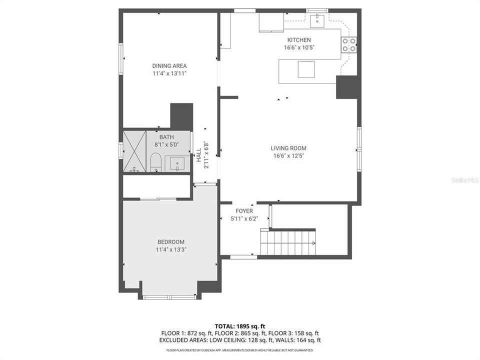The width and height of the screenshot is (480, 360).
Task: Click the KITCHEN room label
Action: (x=298, y=40)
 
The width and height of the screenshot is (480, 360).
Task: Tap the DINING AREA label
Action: (x=169, y=65)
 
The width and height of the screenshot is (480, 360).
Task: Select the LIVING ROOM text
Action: (x=288, y=148)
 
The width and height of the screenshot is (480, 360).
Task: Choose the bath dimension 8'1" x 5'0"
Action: (x=166, y=144)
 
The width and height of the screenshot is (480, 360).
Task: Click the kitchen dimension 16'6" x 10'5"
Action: (x=298, y=47)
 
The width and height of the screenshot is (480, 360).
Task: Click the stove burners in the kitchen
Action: (x=348, y=45)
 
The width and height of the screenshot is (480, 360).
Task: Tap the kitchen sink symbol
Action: (x=316, y=20)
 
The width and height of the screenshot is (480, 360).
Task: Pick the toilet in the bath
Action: (x=155, y=161)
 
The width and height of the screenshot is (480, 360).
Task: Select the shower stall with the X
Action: (x=134, y=151)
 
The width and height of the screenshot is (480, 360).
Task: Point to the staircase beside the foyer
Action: (x=288, y=242)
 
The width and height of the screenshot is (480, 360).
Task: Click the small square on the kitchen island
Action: (x=306, y=69)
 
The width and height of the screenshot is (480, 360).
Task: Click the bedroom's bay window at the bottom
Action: (x=169, y=297)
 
